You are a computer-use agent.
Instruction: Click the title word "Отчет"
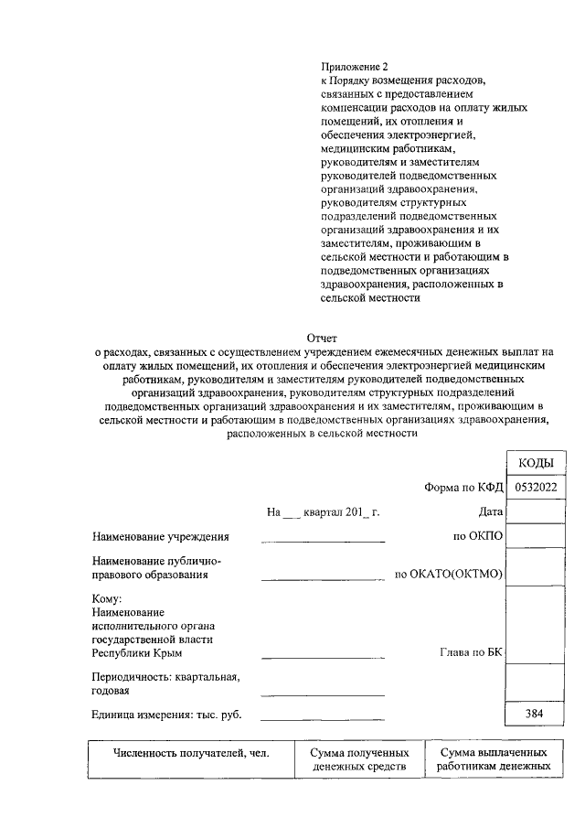point(322,338)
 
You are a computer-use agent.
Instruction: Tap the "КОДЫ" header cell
point(537,464)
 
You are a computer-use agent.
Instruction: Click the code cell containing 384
point(537,713)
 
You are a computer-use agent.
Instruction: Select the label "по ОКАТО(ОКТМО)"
point(449,574)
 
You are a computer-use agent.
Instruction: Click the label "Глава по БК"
point(472,653)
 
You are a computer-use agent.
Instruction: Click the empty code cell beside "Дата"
point(537,512)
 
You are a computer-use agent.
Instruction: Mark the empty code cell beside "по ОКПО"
point(537,536)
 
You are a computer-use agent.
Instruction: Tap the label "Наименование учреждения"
point(160,536)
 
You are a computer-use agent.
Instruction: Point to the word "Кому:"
point(108,598)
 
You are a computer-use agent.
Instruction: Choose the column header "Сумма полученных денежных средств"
point(357,759)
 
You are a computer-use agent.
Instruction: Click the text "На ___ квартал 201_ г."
point(323,512)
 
